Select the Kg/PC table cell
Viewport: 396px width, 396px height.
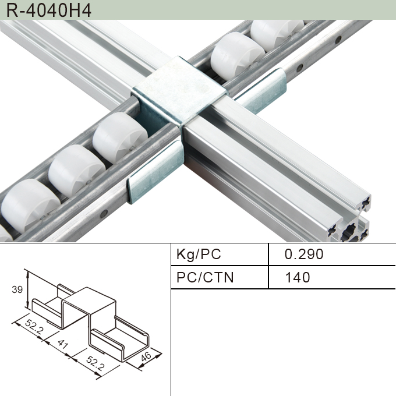[199, 254]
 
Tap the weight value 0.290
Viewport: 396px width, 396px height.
[303, 254]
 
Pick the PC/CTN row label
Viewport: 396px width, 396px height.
[204, 277]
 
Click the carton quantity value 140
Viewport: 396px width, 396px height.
[297, 277]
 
